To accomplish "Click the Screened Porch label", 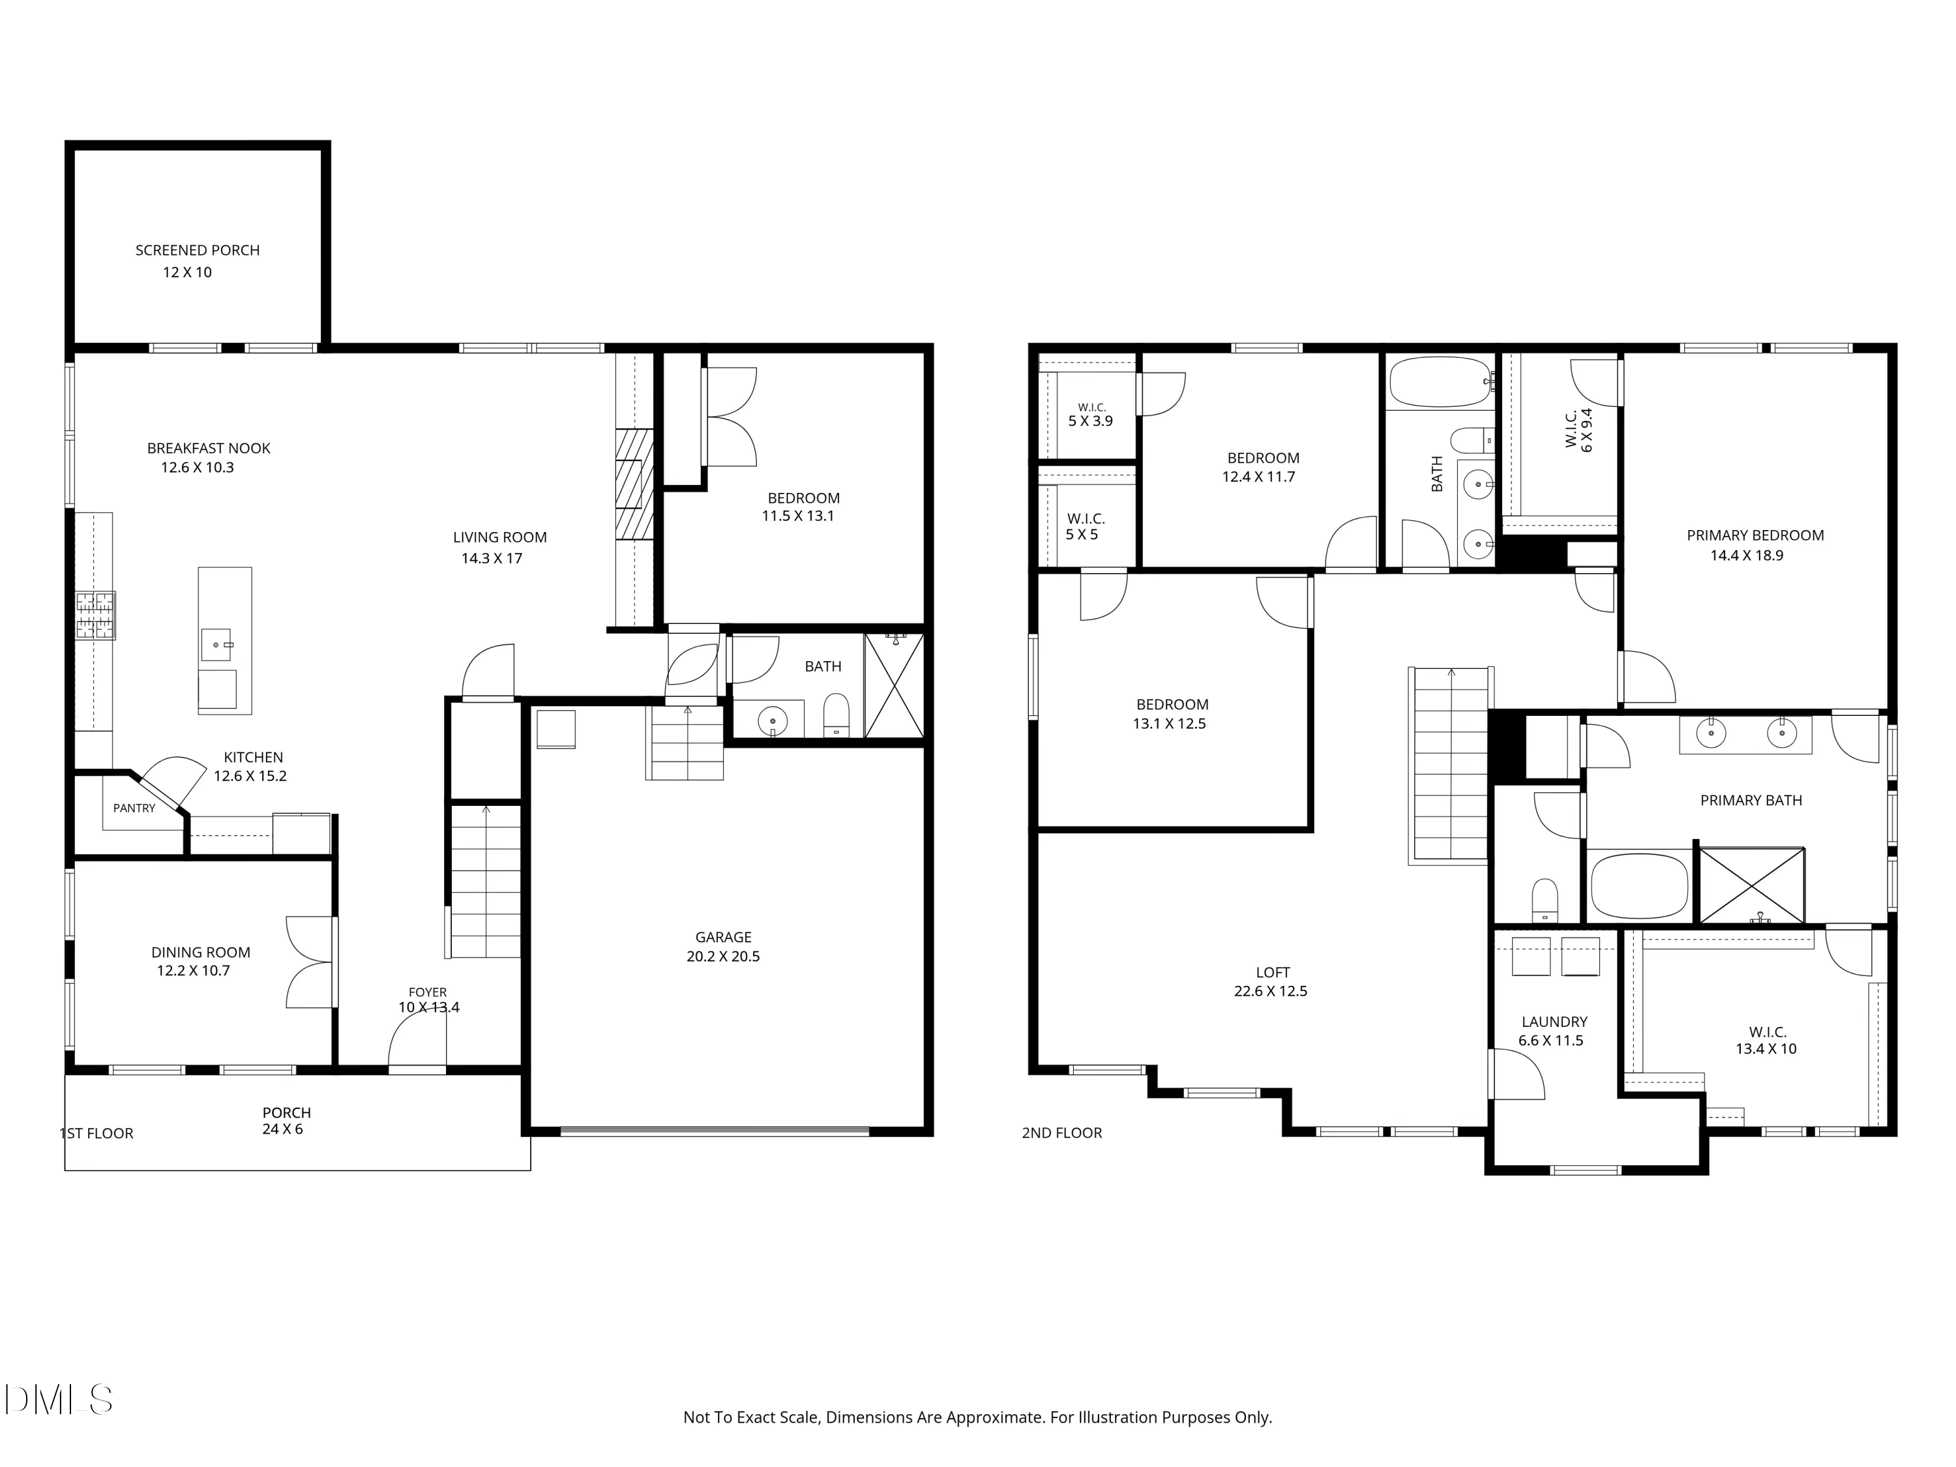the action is pos(197,250).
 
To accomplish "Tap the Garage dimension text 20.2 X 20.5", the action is pos(723,956).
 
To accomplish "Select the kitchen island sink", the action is pos(216,645).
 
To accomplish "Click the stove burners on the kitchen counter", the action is pos(95,615).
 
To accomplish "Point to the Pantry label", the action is pos(134,808).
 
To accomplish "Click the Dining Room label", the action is pos(201,953).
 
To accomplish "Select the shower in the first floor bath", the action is pos(894,685).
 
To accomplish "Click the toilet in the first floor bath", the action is pos(836,715).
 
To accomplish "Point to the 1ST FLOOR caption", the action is pos(96,1134).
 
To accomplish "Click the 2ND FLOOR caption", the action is pos(1062,1133).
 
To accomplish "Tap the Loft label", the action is pos(1273,973).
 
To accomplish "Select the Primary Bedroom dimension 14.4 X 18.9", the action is pos(1747,556).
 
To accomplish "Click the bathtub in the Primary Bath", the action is pos(1639,886).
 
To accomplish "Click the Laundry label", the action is pos(1554,1021).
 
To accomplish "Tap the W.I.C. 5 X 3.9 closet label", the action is pos(1091,415).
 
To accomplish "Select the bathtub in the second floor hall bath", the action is pos(1440,382).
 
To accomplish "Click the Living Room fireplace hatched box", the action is pos(635,484).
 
